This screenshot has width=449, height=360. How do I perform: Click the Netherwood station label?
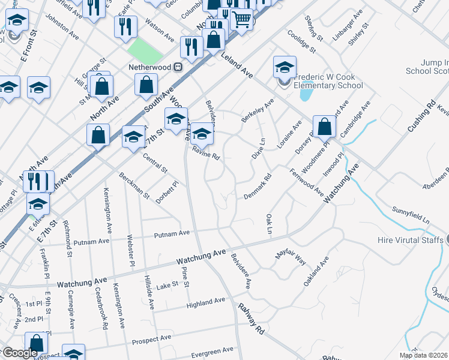pos(150,67)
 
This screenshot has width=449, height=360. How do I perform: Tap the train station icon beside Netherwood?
pos(178,67)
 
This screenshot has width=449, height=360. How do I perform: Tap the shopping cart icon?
pos(241,20)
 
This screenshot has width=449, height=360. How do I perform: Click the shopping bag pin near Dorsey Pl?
pos(324,127)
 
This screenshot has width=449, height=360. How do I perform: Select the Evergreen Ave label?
pos(211,350)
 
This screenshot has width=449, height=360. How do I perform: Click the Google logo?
pos(20,353)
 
